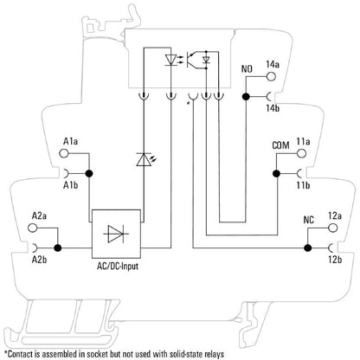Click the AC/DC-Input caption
[119, 266]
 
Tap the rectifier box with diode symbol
[118, 233]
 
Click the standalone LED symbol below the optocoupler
[144, 158]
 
